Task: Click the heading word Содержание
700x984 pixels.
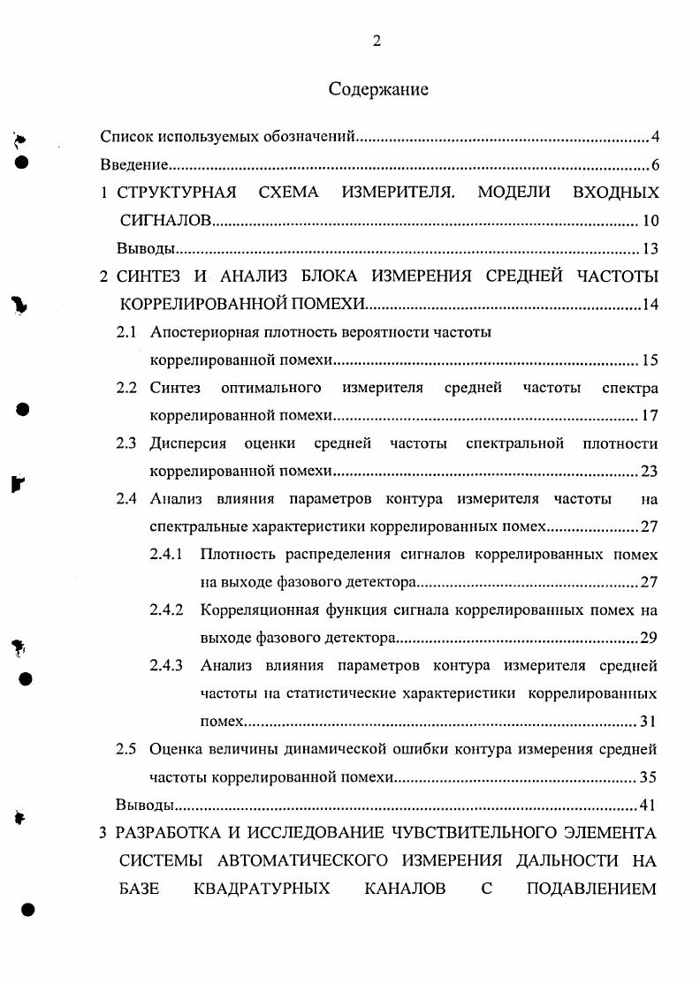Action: tap(378, 89)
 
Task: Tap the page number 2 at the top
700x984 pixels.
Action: tap(377, 40)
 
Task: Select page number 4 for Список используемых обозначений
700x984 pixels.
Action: tap(655, 137)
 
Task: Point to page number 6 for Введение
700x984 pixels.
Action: tap(655, 165)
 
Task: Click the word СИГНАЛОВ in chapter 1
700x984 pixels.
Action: tap(166, 221)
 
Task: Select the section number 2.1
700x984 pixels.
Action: tap(126, 332)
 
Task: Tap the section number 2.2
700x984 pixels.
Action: tap(126, 388)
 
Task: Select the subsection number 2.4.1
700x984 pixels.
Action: tap(166, 555)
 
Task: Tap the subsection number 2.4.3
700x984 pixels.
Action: tap(166, 666)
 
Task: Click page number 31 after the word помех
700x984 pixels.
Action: tap(648, 722)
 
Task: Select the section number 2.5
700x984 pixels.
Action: tap(126, 750)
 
